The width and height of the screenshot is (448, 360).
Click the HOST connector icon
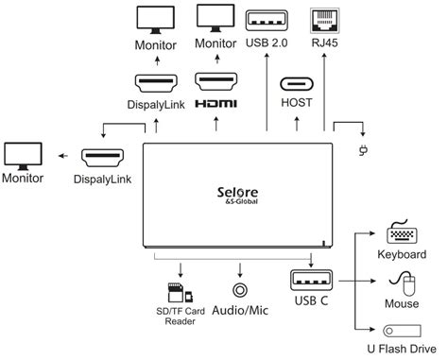tap(297, 81)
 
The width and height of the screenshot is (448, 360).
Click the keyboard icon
tap(405, 235)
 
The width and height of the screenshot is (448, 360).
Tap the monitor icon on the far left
tap(23, 154)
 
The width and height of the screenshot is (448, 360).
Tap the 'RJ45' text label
tap(325, 43)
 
